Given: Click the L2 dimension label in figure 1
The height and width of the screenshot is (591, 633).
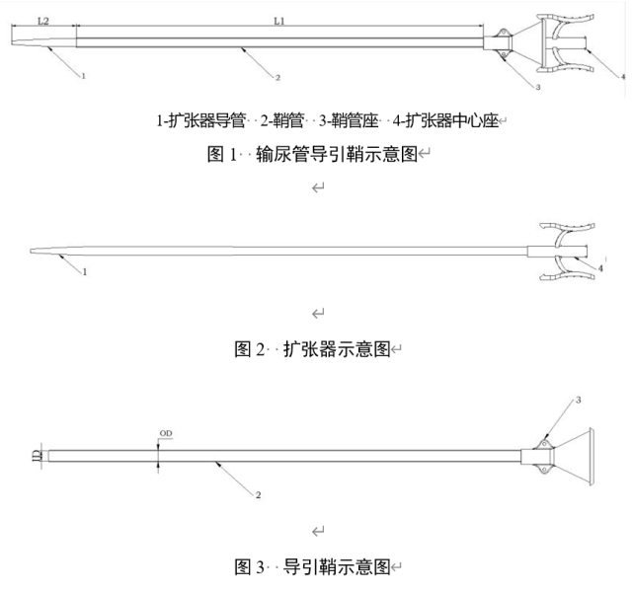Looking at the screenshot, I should click(x=43, y=20).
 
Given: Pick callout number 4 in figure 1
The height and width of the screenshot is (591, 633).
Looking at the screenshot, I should click(x=623, y=76).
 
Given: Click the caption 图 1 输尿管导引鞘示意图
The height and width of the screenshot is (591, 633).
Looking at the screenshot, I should click(x=316, y=154).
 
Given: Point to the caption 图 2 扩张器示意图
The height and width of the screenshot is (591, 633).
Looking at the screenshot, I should click(x=316, y=349).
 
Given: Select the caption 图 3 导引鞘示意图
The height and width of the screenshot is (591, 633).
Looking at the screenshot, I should click(x=316, y=566).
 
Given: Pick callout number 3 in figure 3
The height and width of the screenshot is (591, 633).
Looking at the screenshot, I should click(x=579, y=400).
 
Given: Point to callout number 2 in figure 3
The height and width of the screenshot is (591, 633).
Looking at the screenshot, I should click(x=258, y=494).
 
